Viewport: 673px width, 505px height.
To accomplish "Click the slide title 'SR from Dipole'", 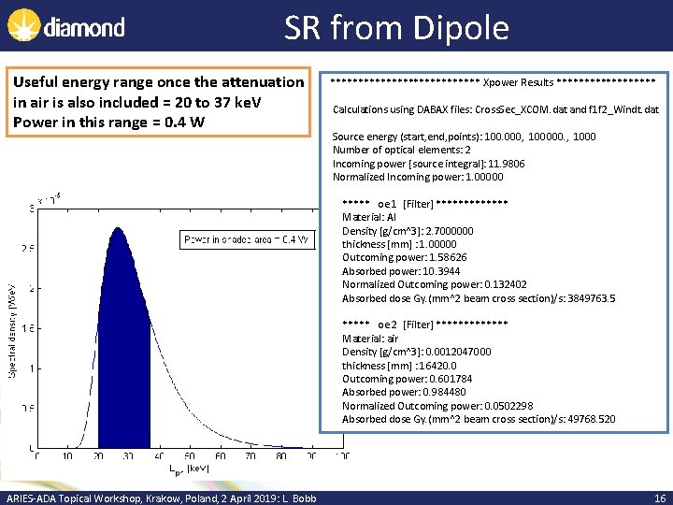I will coord(396,27).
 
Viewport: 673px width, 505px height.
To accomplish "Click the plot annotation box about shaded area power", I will coord(246,240).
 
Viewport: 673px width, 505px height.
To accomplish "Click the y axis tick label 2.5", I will coord(27,249).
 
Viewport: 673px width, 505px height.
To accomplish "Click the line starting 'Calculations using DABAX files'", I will coord(495,109).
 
